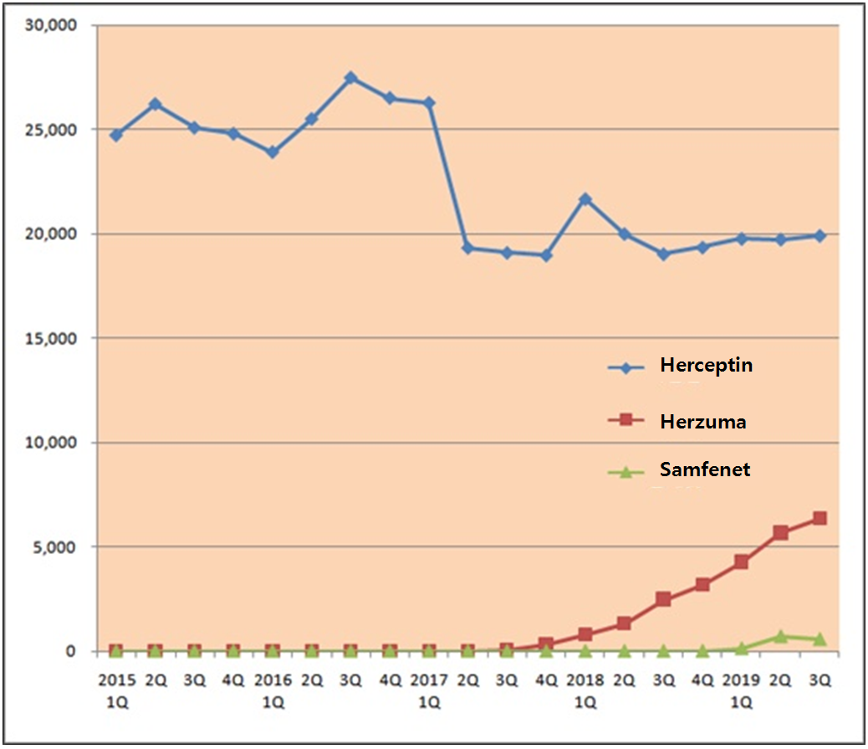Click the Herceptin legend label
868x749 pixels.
pos(706,366)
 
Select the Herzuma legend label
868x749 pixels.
pos(702,422)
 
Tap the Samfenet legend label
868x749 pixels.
pos(705,469)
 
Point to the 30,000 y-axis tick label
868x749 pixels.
pos(52,25)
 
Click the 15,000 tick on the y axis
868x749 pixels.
pos(52,338)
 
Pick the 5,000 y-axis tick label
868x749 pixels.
pos(56,546)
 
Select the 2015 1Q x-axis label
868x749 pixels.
pos(115,688)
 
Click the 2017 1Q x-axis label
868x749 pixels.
pos(429,688)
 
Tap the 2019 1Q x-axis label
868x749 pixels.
pos(741,688)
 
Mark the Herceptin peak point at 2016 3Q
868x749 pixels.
pos(351,78)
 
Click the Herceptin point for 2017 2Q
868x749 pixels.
pos(468,248)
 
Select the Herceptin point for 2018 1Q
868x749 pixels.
pos(585,199)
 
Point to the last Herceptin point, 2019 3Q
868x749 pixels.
pos(819,236)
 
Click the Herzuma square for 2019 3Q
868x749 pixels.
pos(819,519)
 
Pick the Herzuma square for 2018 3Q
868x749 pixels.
pos(663,599)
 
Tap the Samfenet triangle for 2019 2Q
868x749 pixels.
pos(780,637)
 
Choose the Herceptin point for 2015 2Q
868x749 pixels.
pos(155,105)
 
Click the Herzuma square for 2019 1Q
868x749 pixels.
pos(741,562)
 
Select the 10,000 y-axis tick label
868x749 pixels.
pos(52,443)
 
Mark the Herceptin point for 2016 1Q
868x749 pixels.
pos(273,152)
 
